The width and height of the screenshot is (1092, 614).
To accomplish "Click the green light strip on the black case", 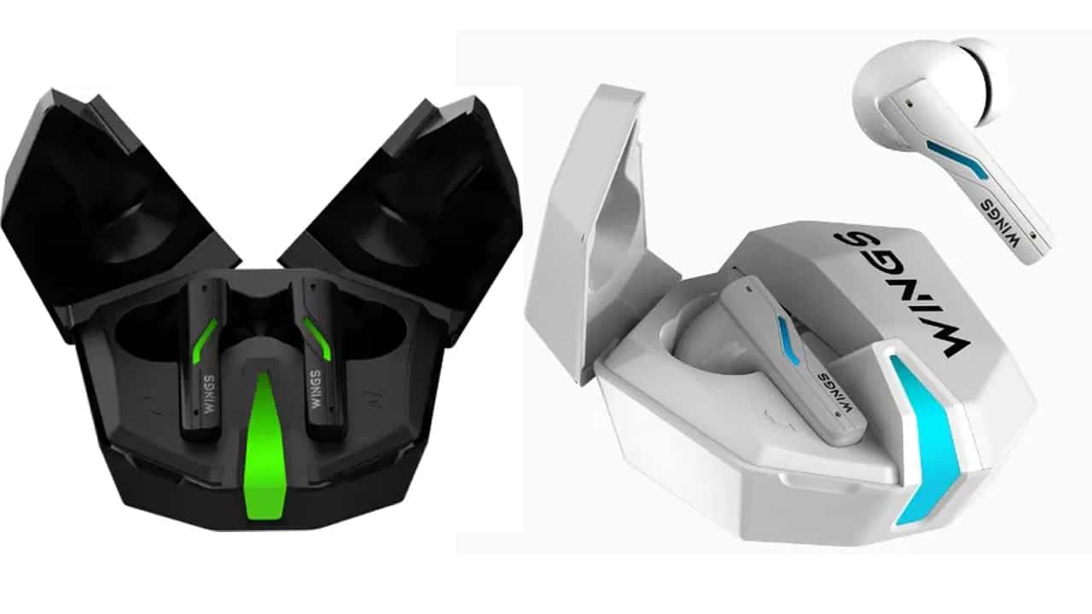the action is pos(264,446).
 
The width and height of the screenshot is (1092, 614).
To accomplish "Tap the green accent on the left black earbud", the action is pos(205,341).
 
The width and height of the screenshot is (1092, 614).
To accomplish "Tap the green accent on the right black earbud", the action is pos(318,339).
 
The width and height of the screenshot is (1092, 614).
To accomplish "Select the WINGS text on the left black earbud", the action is pos(209,394).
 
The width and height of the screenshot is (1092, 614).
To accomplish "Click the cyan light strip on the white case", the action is pos(924,438).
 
